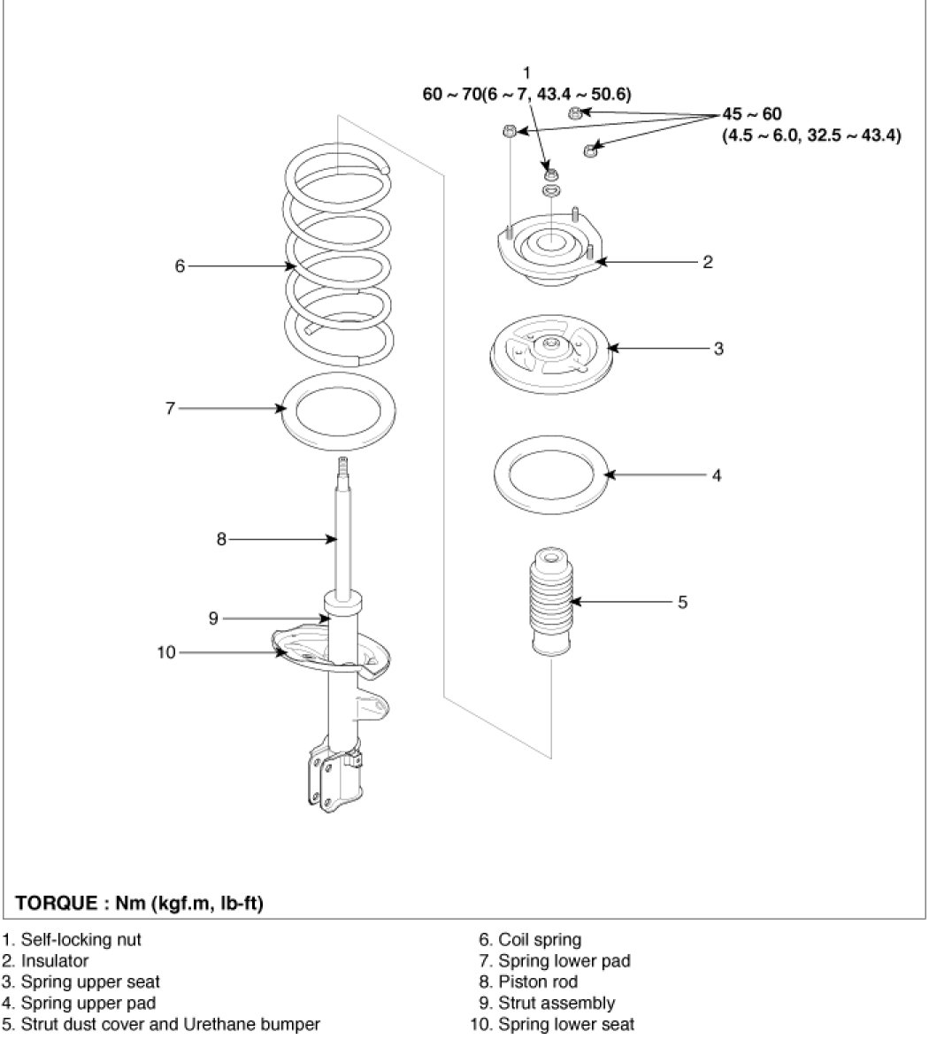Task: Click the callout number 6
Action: click(x=180, y=265)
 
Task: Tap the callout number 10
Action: click(x=165, y=652)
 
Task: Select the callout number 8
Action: click(x=221, y=537)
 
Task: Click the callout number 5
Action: click(x=682, y=602)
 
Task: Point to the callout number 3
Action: click(x=718, y=348)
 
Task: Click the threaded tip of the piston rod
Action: click(x=343, y=468)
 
